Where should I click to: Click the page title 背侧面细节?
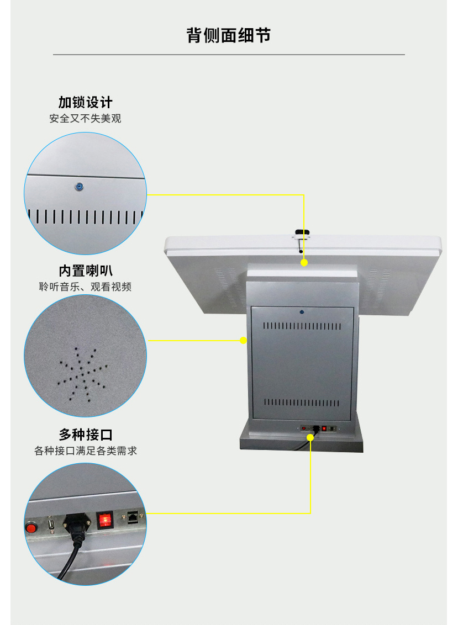(229, 35)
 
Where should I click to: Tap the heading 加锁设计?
(86, 103)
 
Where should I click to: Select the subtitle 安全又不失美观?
(85, 118)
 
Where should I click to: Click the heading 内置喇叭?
(86, 271)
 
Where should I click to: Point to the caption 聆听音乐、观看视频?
(85, 287)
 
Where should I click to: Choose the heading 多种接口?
(86, 435)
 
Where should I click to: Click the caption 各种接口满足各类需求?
(86, 451)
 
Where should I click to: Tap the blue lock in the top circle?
(80, 187)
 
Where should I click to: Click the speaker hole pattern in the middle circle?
(82, 374)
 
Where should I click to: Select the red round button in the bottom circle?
(31, 528)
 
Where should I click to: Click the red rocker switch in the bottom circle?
(105, 520)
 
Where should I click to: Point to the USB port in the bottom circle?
(51, 524)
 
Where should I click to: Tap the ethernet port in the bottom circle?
(133, 516)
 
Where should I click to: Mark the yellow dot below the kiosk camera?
(304, 263)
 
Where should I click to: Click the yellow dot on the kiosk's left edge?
(243, 341)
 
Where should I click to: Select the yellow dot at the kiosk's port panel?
(310, 437)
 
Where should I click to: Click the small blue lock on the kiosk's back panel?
(302, 312)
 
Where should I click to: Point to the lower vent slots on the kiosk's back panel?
(302, 402)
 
